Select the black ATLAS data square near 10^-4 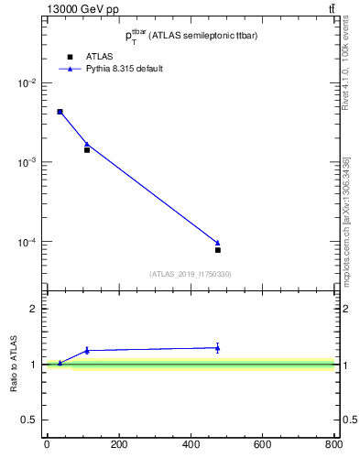[x=218, y=250]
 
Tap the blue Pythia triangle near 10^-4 [x=218, y=243]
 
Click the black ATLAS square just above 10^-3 [x=87, y=149]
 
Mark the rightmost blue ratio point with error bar [x=218, y=347]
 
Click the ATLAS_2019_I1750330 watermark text [x=191, y=274]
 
